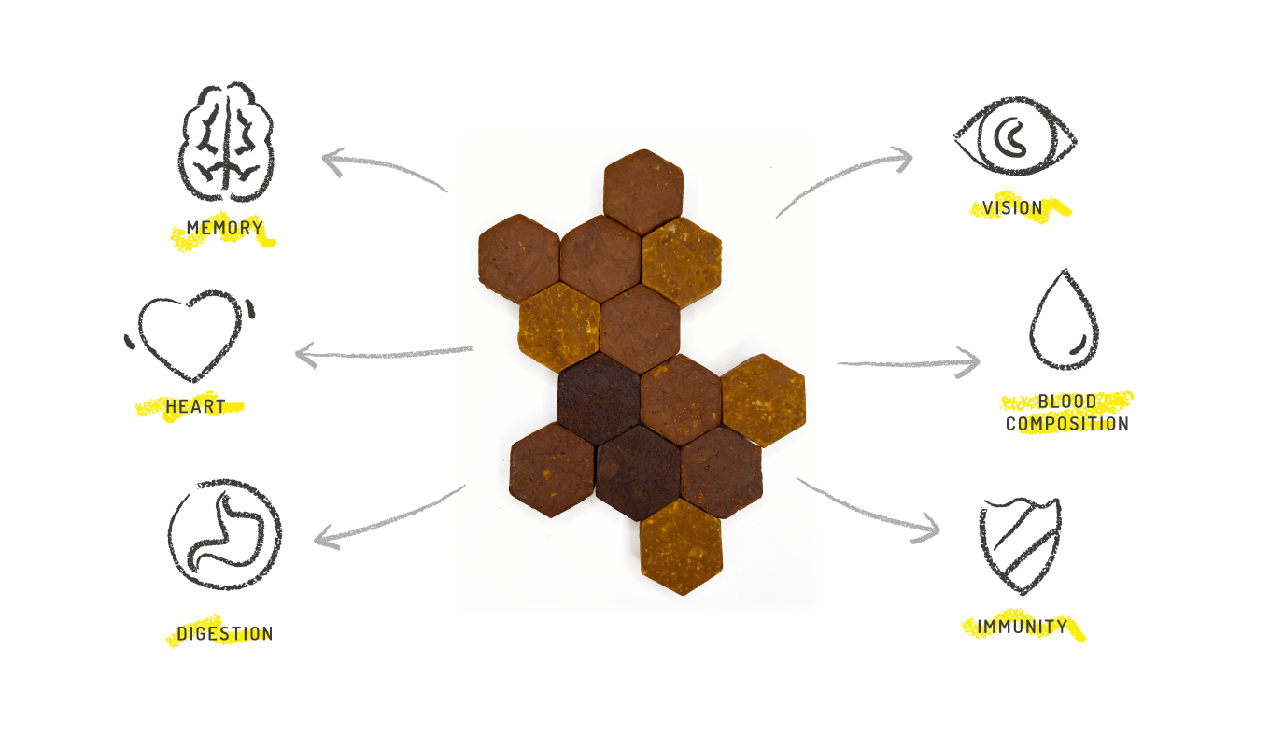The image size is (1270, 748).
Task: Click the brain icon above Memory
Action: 226,142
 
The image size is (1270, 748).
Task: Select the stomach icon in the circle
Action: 225,536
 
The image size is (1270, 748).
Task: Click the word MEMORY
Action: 225,228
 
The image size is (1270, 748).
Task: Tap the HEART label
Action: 195,407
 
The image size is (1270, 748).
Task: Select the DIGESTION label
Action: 225,634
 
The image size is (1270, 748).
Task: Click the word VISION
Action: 1012,208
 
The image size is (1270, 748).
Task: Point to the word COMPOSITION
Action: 1066,424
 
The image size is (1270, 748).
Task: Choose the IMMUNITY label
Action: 1022,627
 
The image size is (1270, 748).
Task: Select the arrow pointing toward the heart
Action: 383,354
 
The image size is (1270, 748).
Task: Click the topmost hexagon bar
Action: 643,191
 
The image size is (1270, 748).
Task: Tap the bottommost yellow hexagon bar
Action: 681,547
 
